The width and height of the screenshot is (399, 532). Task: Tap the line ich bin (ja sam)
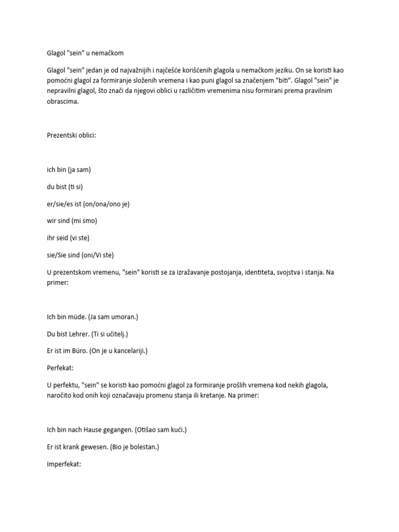pyautogui.click(x=69, y=169)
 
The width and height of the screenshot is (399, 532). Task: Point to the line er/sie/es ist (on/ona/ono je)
pyautogui.click(x=88, y=204)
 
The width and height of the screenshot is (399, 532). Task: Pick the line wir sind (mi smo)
pyautogui.click(x=72, y=220)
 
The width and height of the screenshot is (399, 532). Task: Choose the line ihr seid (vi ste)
pyautogui.click(x=68, y=237)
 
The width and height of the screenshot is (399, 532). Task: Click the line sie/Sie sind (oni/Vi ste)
pyautogui.click(x=80, y=255)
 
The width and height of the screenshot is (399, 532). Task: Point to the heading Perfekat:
pyautogui.click(x=60, y=368)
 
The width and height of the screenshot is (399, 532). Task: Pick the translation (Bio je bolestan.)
pyautogui.click(x=135, y=447)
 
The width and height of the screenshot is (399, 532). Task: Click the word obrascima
pyautogui.click(x=62, y=101)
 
